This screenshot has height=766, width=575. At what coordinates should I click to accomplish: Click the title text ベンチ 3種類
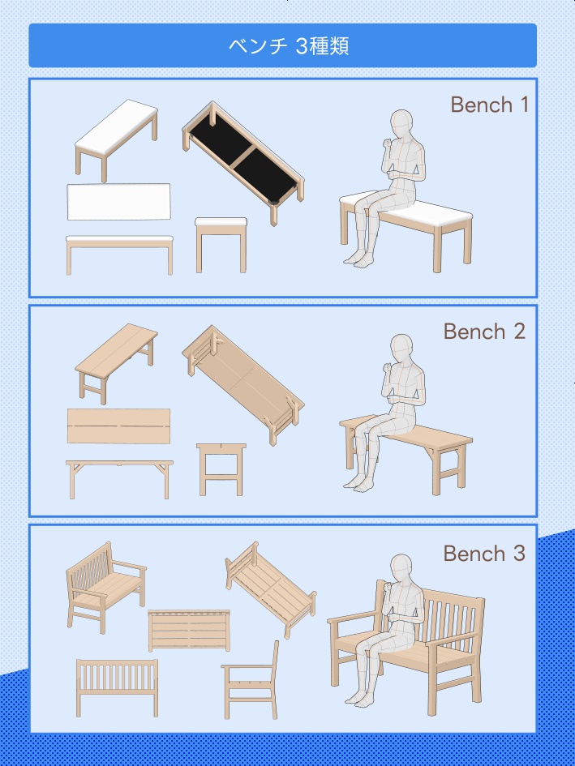tap(289, 46)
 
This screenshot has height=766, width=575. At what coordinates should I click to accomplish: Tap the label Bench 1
tap(489, 105)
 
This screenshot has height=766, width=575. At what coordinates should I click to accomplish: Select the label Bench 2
tap(484, 332)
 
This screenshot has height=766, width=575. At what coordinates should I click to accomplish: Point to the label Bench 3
tap(484, 554)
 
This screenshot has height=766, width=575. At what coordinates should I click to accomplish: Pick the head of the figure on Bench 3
tap(401, 569)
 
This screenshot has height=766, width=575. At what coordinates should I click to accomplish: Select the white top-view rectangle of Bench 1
tap(119, 202)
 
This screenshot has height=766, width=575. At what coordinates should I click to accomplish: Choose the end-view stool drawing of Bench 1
tap(221, 245)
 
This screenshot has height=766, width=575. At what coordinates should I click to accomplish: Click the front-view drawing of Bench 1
tap(120, 255)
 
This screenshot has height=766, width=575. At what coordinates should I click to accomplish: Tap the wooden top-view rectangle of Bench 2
tap(119, 426)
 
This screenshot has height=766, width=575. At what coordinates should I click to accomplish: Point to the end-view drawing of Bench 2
tap(221, 469)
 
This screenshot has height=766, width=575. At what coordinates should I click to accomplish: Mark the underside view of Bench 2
tap(243, 385)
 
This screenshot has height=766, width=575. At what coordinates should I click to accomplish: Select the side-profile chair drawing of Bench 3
tap(250, 679)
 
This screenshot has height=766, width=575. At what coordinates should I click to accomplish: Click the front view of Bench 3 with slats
tap(117, 688)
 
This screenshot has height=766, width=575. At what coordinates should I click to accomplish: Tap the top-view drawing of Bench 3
tap(189, 630)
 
